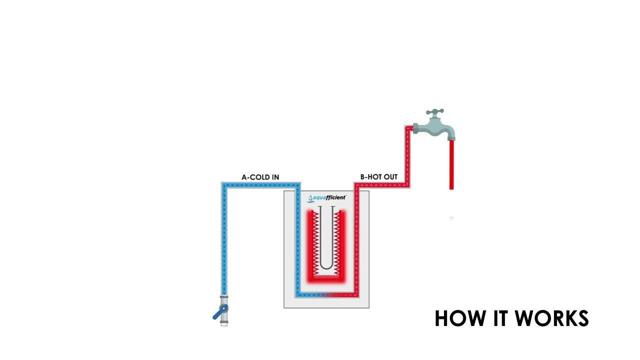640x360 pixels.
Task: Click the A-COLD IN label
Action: [x=260, y=177]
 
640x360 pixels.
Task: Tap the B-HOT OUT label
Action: [x=378, y=177]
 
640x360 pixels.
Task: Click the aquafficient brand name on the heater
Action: [x=329, y=198]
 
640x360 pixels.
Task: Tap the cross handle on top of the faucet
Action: [x=435, y=111]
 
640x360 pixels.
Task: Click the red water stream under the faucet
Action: [x=451, y=165]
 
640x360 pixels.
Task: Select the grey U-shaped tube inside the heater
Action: [x=326, y=240]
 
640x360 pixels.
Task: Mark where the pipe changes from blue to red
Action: [x=326, y=295]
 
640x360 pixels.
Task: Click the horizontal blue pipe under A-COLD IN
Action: [x=260, y=185]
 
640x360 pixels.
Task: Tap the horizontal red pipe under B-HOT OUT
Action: [x=382, y=185]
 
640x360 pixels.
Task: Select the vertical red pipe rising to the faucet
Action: [x=407, y=157]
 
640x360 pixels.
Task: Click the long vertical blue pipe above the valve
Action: [x=224, y=240]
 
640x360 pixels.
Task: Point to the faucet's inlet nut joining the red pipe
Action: [x=415, y=129]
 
